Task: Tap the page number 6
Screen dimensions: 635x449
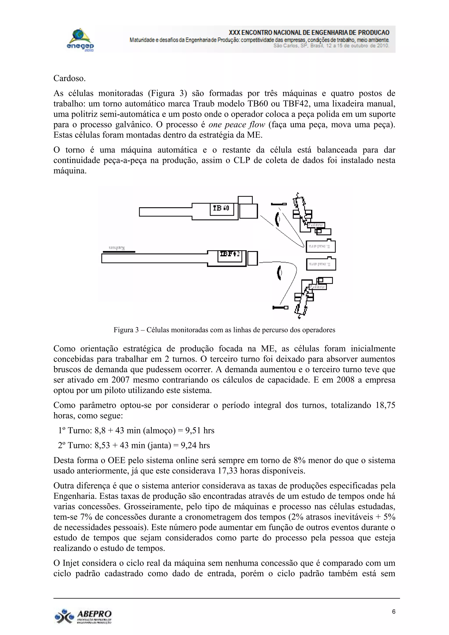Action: click(x=394, y=612)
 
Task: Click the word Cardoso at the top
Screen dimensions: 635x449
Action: click(x=69, y=78)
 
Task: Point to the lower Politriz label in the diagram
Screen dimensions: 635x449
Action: click(x=317, y=287)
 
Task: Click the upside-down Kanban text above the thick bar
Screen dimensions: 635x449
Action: click(x=117, y=248)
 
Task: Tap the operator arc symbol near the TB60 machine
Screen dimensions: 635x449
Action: click(x=277, y=219)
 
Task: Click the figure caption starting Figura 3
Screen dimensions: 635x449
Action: click(x=224, y=330)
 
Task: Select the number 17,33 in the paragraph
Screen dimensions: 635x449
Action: click(x=227, y=471)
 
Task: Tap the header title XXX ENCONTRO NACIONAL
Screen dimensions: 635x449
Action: click(x=309, y=33)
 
